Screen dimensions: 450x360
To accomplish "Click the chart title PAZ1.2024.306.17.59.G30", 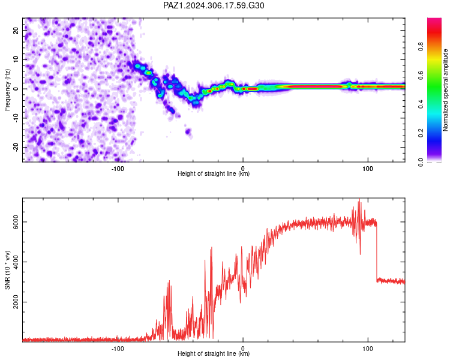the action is click(x=214, y=5).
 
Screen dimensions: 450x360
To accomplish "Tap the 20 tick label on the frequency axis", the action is click(x=16, y=30).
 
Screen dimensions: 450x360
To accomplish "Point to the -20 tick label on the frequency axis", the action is click(x=16, y=147).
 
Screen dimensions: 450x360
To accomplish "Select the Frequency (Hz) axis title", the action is click(x=7, y=90).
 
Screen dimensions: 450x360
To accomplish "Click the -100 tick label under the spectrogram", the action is click(x=118, y=169).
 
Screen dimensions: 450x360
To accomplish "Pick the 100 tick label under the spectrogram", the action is click(x=368, y=169).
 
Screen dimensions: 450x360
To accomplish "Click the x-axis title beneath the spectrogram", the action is click(x=214, y=173).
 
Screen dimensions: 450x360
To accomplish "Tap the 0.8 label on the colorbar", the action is click(x=421, y=46).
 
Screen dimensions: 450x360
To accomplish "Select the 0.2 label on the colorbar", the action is click(x=421, y=133).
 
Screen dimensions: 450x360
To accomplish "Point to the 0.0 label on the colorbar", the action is click(x=421, y=162).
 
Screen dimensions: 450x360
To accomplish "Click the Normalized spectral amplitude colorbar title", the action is click(x=445, y=90).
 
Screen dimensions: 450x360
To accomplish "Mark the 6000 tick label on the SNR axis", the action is click(x=16, y=222).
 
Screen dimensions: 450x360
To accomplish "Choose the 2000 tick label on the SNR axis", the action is click(x=16, y=302).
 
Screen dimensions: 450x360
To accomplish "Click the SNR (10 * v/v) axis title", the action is click(x=7, y=270).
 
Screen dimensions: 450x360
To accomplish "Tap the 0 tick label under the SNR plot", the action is click(x=243, y=349).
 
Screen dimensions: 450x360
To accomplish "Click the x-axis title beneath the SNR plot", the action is click(x=214, y=353).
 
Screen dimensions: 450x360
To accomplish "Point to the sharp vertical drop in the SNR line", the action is click(x=377, y=252).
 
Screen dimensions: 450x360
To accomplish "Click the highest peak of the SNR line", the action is click(x=359, y=199).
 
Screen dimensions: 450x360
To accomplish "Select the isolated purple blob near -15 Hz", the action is click(x=188, y=131).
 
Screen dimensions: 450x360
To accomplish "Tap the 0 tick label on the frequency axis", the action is click(x=16, y=89).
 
